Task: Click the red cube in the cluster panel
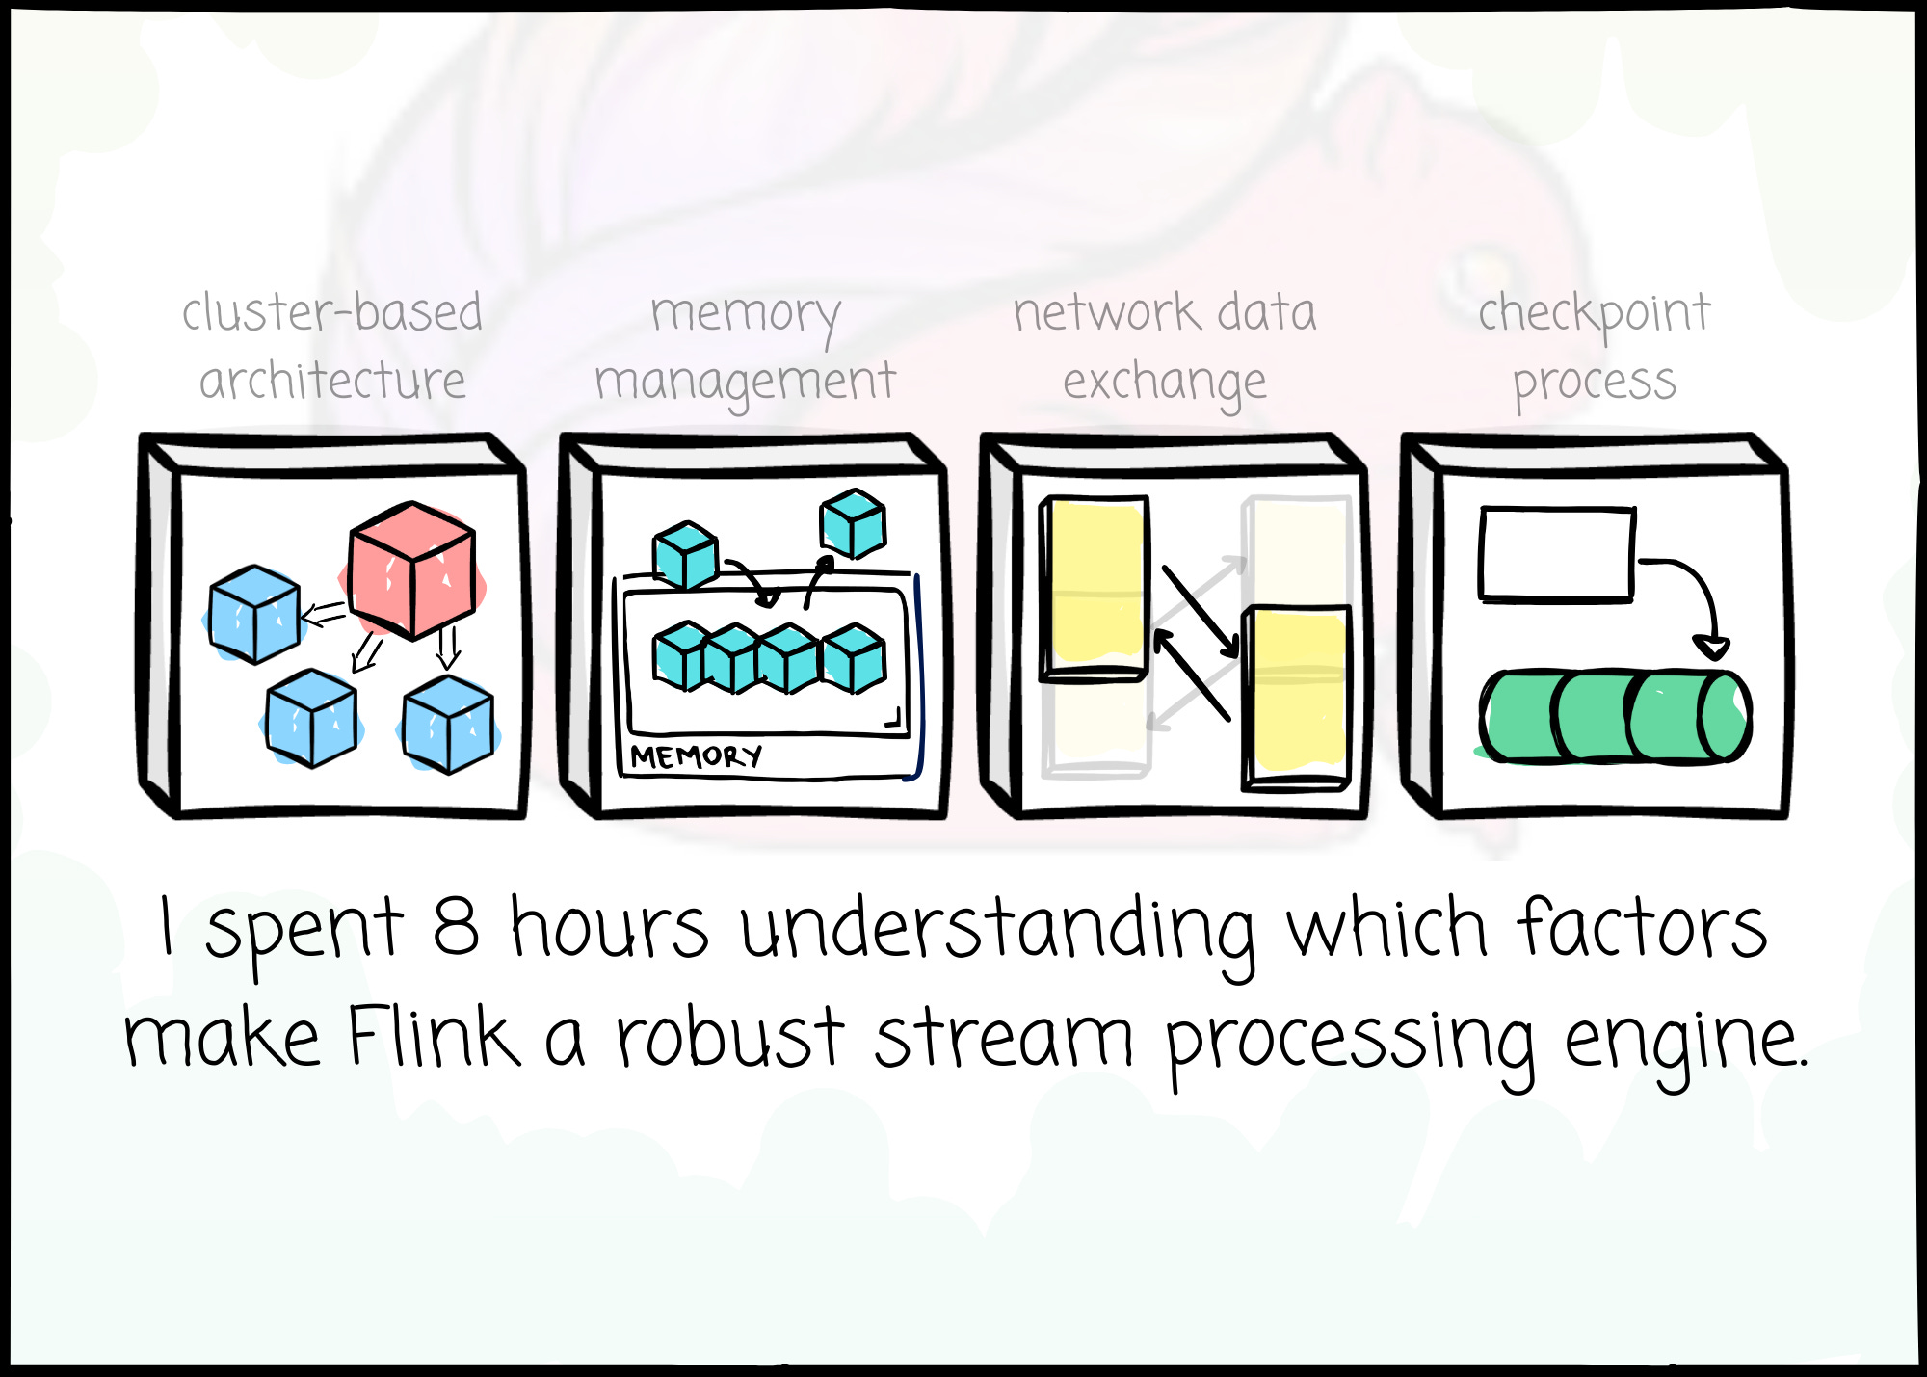412,570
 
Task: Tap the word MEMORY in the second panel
696,756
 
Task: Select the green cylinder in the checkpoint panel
1614,717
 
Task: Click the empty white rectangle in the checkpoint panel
1557,555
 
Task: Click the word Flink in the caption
433,1038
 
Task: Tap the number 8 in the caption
455,927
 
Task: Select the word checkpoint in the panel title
1595,314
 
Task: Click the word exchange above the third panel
1164,383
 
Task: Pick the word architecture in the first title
332,382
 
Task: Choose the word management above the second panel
745,383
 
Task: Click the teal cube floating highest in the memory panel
853,524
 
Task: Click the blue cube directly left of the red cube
254,615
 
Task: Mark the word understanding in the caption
997,930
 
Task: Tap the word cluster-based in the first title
332,313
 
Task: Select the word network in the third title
1106,313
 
